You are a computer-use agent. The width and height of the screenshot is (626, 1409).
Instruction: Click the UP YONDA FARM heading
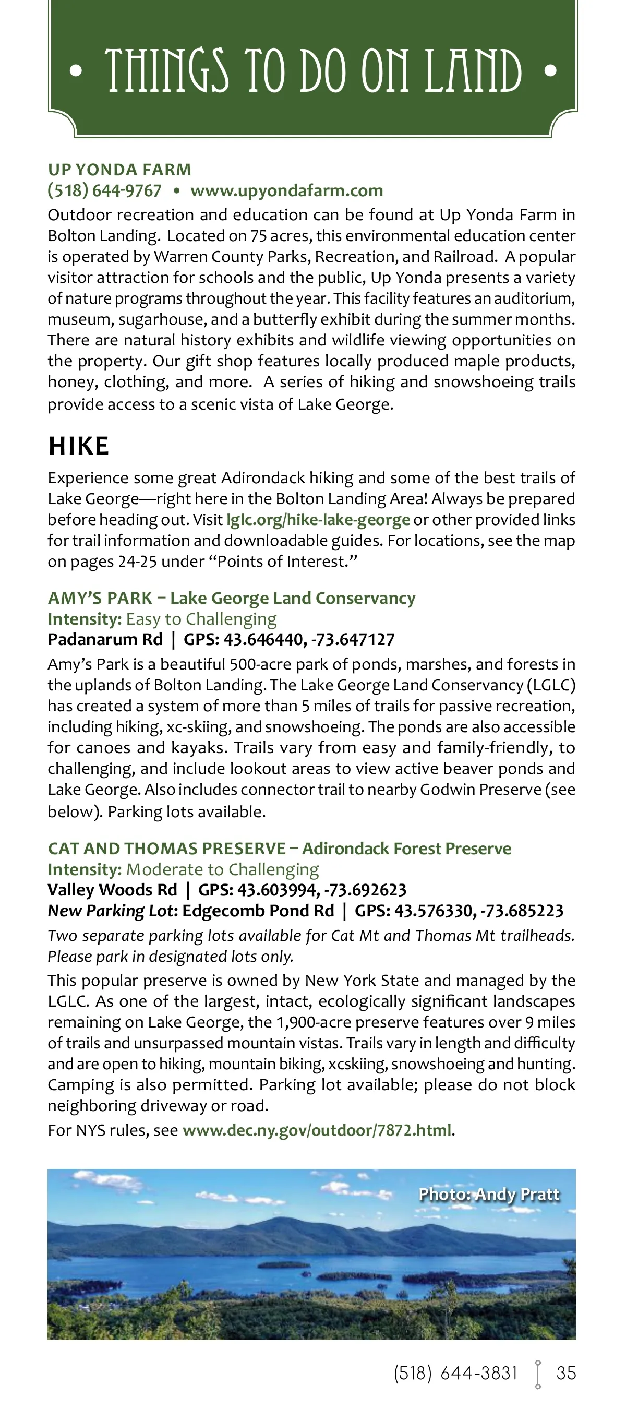click(x=119, y=170)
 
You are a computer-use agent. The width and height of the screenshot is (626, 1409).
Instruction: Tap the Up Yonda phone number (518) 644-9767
click(x=104, y=190)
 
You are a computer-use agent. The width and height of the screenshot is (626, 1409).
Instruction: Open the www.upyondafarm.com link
click(x=286, y=190)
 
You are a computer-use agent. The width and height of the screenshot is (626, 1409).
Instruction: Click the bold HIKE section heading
click(x=79, y=446)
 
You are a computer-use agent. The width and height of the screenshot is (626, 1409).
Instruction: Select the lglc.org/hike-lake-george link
click(x=318, y=519)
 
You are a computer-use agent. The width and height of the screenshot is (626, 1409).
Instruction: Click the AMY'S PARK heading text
click(x=100, y=598)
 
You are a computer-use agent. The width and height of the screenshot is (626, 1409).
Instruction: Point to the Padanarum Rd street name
click(x=105, y=639)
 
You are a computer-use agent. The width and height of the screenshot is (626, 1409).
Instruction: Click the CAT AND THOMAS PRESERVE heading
click(x=167, y=849)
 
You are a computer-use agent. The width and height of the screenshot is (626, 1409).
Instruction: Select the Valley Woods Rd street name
click(x=112, y=890)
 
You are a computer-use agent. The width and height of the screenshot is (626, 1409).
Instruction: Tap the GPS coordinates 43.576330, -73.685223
click(x=478, y=911)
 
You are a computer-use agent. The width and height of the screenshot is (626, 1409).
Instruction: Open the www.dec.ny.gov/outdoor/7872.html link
click(x=317, y=1130)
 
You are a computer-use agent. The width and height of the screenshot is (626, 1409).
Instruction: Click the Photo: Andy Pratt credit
click(x=489, y=1194)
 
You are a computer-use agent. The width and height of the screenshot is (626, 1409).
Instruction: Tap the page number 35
click(x=566, y=1373)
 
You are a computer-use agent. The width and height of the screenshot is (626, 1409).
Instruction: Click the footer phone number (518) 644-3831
click(x=455, y=1373)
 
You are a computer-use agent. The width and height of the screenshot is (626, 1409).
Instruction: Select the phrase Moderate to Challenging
click(x=223, y=869)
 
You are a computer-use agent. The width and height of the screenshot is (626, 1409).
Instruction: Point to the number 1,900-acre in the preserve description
click(x=315, y=1022)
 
